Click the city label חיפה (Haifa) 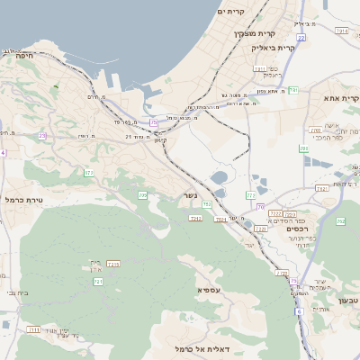point(23,55)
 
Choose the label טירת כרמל point(24,199)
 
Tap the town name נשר point(191,194)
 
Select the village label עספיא point(209,290)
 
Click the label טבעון point(348,300)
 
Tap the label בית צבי point(9,293)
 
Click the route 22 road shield point(301,39)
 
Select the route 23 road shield point(42,136)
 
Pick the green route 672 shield point(88,172)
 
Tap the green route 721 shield point(97,283)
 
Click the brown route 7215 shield point(113,264)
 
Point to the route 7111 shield point(33,330)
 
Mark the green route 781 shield point(293,90)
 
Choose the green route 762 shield point(340,220)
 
